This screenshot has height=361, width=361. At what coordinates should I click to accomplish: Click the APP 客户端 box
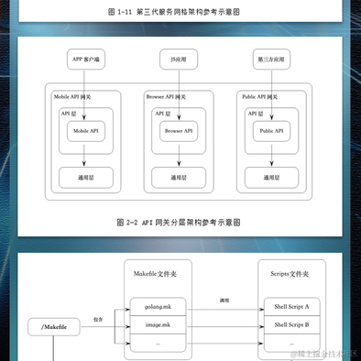pyautogui.click(x=84, y=60)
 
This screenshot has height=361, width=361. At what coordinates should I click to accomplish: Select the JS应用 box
pyautogui.click(x=179, y=60)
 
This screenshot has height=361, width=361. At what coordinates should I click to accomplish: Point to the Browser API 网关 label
pyautogui.click(x=166, y=96)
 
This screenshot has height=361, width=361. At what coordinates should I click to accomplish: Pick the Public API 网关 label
pyautogui.click(x=260, y=96)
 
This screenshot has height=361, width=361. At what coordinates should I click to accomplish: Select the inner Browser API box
pyautogui.click(x=179, y=131)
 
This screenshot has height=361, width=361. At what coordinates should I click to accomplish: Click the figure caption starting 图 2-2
pyautogui.click(x=180, y=222)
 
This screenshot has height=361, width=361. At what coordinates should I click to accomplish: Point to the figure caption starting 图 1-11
pyautogui.click(x=180, y=13)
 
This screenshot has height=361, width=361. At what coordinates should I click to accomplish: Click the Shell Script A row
pyautogui.click(x=290, y=307)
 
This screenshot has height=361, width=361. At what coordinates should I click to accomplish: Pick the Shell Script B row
pyautogui.click(x=290, y=324)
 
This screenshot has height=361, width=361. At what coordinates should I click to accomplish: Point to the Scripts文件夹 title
pyautogui.click(x=290, y=274)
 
